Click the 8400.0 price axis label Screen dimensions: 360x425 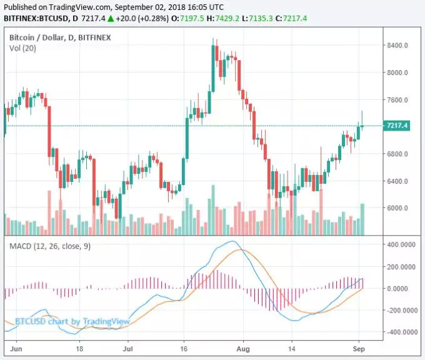[x=397, y=46]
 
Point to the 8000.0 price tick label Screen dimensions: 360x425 [x=397, y=72]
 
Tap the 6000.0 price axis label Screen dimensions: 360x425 [x=397, y=208]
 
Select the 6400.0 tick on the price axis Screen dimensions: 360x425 [x=397, y=181]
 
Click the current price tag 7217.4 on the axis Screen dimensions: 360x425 [x=397, y=126]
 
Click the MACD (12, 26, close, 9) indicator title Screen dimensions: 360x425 [x=50, y=246]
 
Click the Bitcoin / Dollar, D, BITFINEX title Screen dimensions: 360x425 [x=59, y=38]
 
